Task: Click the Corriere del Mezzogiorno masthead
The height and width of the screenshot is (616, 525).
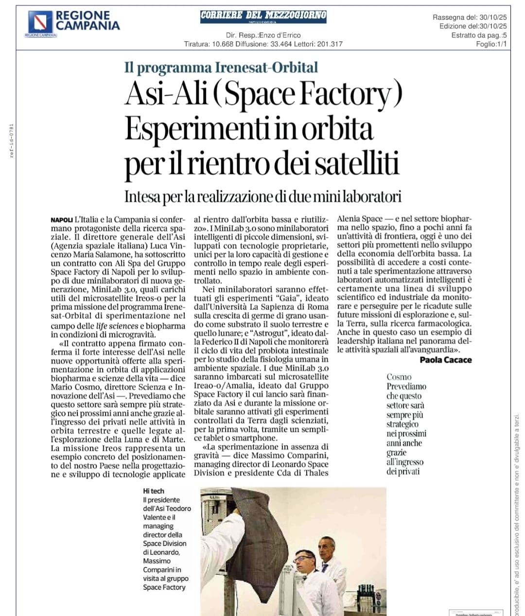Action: click(x=263, y=16)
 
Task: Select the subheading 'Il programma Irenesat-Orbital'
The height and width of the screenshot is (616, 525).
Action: click(x=221, y=67)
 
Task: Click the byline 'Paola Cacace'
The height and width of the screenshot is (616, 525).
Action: click(x=445, y=359)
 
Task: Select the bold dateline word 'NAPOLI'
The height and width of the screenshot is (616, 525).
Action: click(x=62, y=220)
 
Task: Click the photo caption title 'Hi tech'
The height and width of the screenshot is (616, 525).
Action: click(x=154, y=491)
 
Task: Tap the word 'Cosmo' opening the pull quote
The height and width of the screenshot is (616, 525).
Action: click(x=399, y=377)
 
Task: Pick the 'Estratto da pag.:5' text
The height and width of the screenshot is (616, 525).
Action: click(x=478, y=35)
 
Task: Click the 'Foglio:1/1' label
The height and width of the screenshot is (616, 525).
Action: click(x=491, y=44)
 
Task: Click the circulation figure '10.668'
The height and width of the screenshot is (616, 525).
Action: click(x=222, y=44)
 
